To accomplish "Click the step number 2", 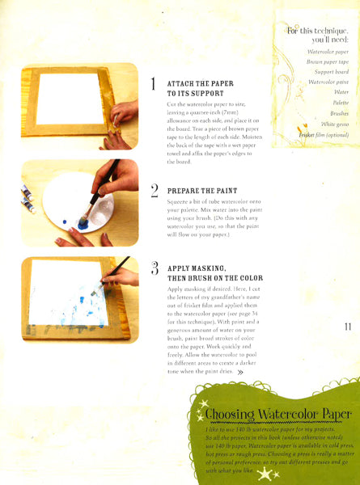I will coord(154,192).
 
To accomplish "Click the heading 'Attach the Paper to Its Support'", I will coord(193,89).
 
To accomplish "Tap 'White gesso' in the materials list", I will coord(334,124).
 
